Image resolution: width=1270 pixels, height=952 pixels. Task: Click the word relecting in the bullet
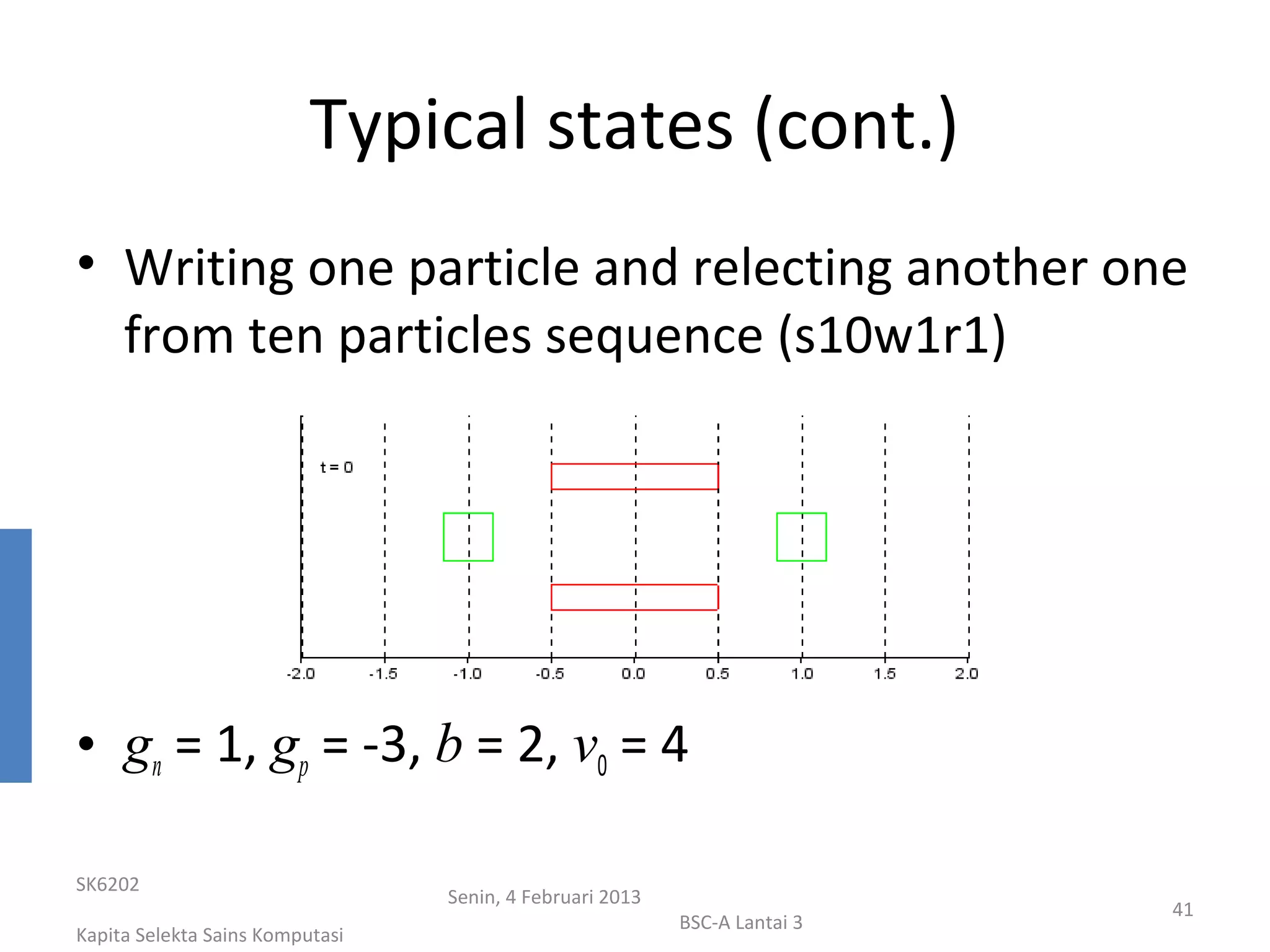pyautogui.click(x=791, y=268)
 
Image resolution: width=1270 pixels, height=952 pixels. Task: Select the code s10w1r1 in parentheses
pyautogui.click(x=890, y=335)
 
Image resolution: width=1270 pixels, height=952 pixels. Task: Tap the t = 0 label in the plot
pyautogui.click(x=336, y=467)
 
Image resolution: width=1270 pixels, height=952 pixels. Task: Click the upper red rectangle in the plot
pyautogui.click(x=634, y=477)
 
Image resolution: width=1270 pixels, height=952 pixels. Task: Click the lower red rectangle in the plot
pyautogui.click(x=634, y=597)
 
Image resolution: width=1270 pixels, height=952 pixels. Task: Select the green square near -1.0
pyautogui.click(x=468, y=537)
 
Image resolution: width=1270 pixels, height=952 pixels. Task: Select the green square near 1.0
pyautogui.click(x=801, y=537)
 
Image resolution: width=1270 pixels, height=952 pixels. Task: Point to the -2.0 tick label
pyautogui.click(x=301, y=674)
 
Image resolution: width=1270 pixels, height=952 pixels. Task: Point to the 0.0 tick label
pyautogui.click(x=634, y=674)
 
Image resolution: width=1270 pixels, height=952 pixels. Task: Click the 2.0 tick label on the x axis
pyautogui.click(x=966, y=674)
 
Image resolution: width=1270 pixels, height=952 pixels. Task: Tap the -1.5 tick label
pyautogui.click(x=383, y=674)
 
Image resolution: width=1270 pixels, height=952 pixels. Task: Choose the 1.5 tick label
pyautogui.click(x=884, y=674)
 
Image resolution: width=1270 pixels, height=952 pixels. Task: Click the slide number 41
pyautogui.click(x=1183, y=909)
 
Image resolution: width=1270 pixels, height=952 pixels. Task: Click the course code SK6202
pyautogui.click(x=107, y=884)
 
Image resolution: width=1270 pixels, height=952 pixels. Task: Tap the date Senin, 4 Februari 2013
pyautogui.click(x=544, y=897)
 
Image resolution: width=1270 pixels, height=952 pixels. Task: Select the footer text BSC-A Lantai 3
pyautogui.click(x=740, y=922)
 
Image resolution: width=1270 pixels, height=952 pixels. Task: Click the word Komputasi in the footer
pyautogui.click(x=303, y=935)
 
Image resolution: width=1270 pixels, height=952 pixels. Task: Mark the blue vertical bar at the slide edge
pyautogui.click(x=16, y=655)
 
